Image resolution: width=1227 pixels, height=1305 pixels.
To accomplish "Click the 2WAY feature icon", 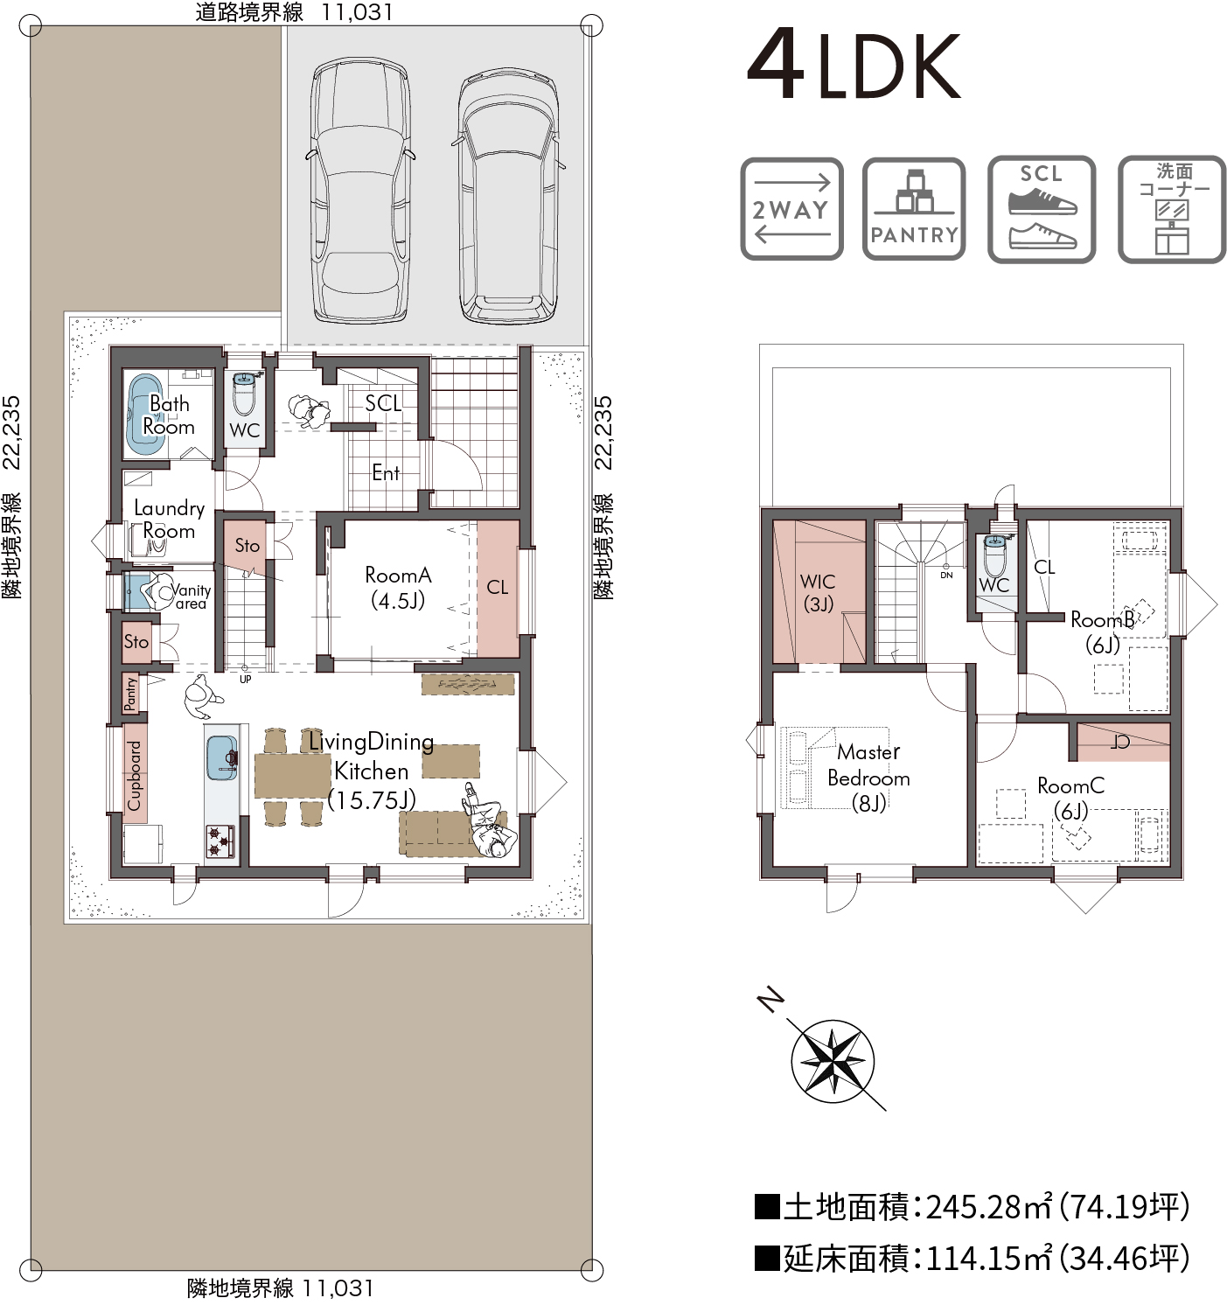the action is pyautogui.click(x=791, y=209).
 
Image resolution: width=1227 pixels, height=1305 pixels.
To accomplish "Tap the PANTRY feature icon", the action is pyautogui.click(x=914, y=209).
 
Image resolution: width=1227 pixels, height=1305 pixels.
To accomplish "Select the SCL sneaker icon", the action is pyautogui.click(x=1042, y=209).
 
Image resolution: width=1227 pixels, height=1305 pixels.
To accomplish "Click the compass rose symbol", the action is pyautogui.click(x=832, y=1061).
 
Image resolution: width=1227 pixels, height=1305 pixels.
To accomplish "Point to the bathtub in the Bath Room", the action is pyautogui.click(x=144, y=414).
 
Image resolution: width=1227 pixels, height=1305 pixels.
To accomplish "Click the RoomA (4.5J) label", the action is pyautogui.click(x=398, y=588).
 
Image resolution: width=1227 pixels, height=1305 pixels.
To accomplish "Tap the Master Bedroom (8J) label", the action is pyautogui.click(x=868, y=778).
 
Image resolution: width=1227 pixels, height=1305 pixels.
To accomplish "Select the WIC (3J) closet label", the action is pyautogui.click(x=819, y=592).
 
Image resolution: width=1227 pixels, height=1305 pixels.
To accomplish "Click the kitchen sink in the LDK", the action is pyautogui.click(x=222, y=757).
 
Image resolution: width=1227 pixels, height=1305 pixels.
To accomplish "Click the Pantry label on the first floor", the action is pyautogui.click(x=130, y=694).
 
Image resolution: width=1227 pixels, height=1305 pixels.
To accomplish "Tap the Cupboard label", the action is pyautogui.click(x=134, y=775).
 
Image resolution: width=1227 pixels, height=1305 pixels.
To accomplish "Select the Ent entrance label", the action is pyautogui.click(x=386, y=472).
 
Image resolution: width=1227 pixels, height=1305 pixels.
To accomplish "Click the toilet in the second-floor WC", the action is pyautogui.click(x=994, y=555).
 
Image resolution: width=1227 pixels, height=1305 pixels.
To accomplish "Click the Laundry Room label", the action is pyautogui.click(x=170, y=519).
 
